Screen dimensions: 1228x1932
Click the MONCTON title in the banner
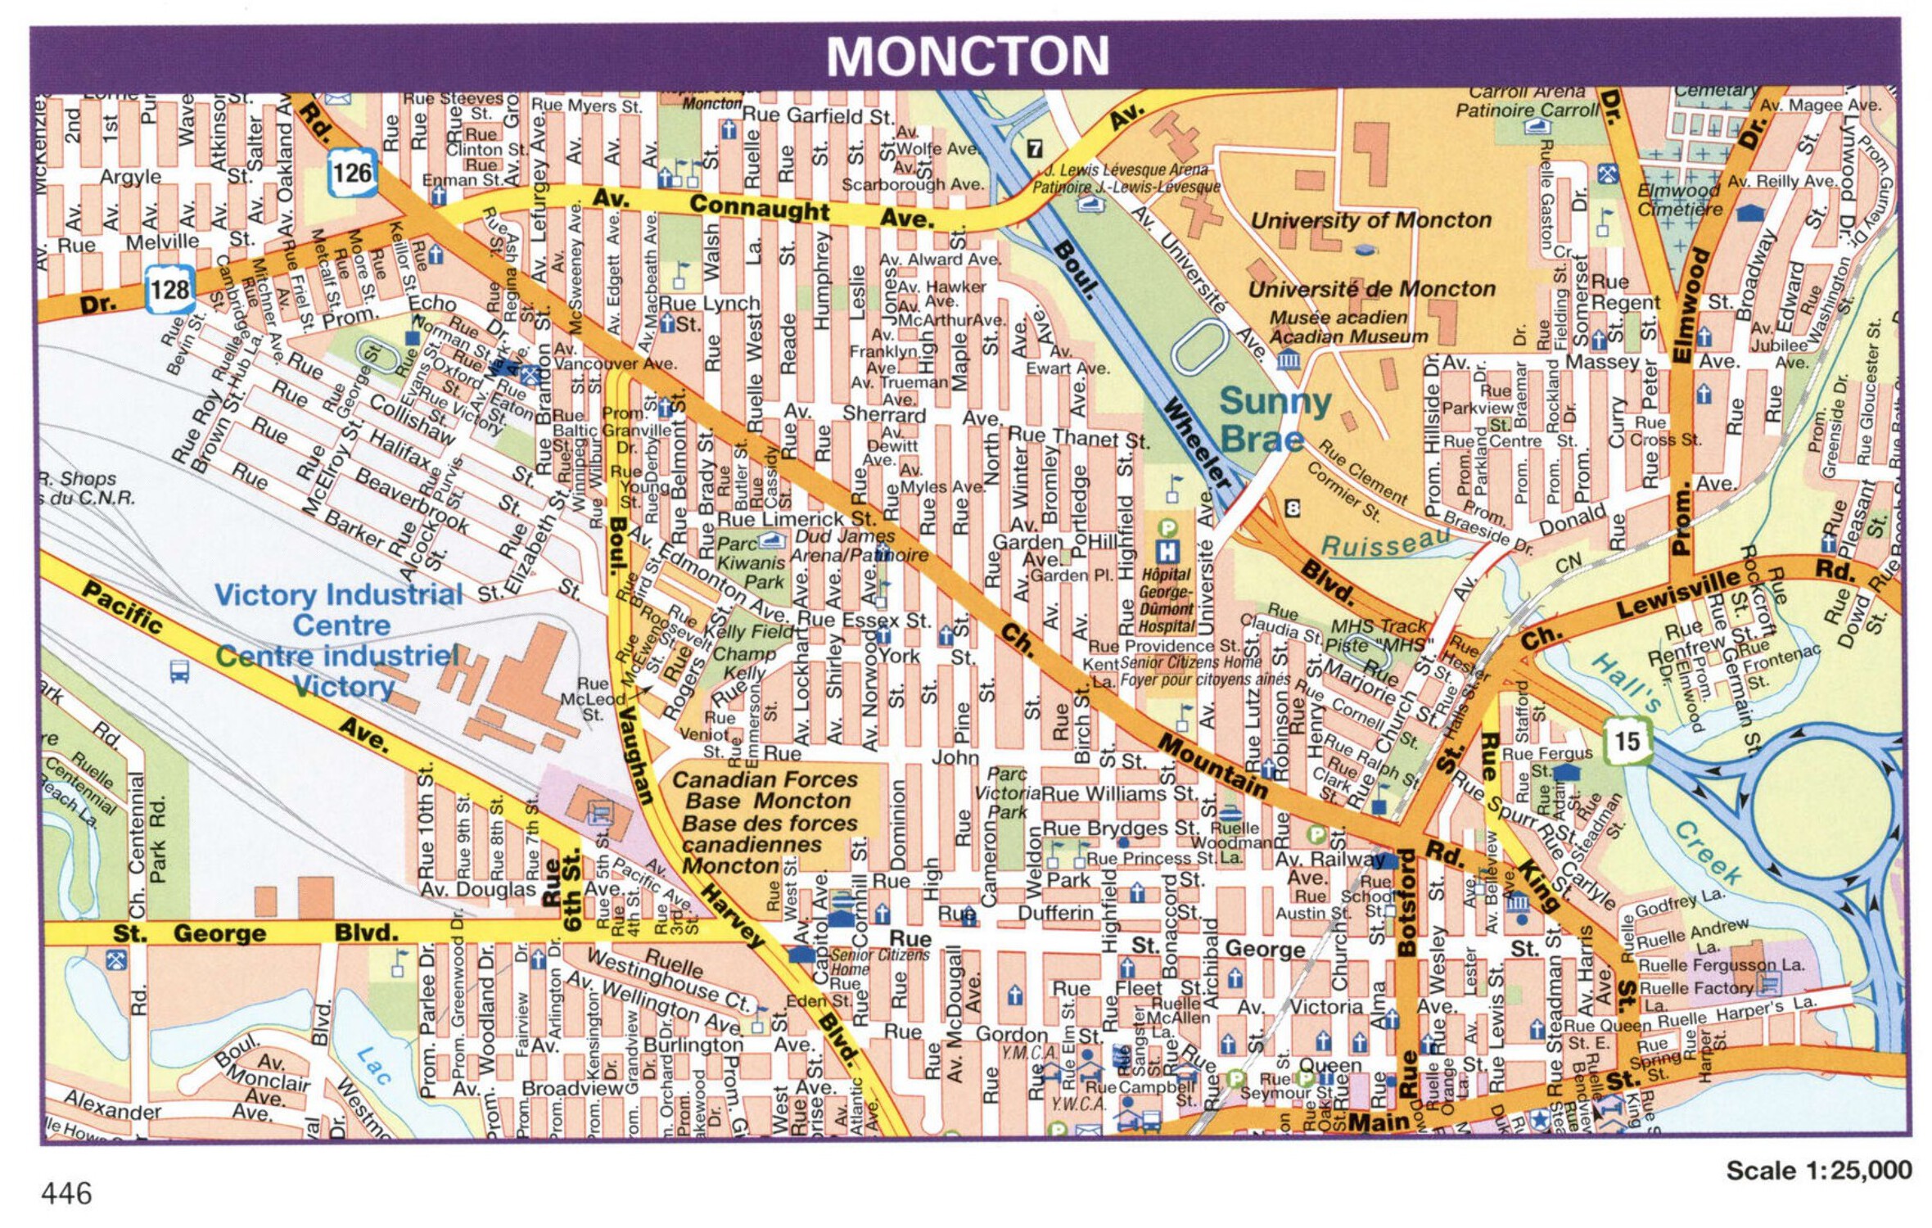pyautogui.click(x=967, y=56)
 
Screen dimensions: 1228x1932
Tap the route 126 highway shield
pyautogui.click(x=352, y=173)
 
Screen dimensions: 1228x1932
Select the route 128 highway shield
pyautogui.click(x=169, y=289)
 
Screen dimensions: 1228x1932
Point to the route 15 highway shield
pyautogui.click(x=1626, y=741)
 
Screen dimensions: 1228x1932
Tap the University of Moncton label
pyautogui.click(x=1370, y=220)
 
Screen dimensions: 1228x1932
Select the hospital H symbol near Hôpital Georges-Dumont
pyautogui.click(x=1167, y=552)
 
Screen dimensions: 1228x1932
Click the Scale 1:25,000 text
pyautogui.click(x=1818, y=1171)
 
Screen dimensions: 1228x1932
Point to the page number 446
pyautogui.click(x=66, y=1194)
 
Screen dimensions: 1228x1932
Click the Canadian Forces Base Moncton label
pyautogui.click(x=765, y=822)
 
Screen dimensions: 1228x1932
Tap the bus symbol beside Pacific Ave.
pyautogui.click(x=179, y=671)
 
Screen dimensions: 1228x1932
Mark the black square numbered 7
pyautogui.click(x=1035, y=148)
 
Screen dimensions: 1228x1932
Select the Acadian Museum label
pyautogui.click(x=1347, y=336)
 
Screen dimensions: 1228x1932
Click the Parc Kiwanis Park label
pyautogui.click(x=751, y=562)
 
